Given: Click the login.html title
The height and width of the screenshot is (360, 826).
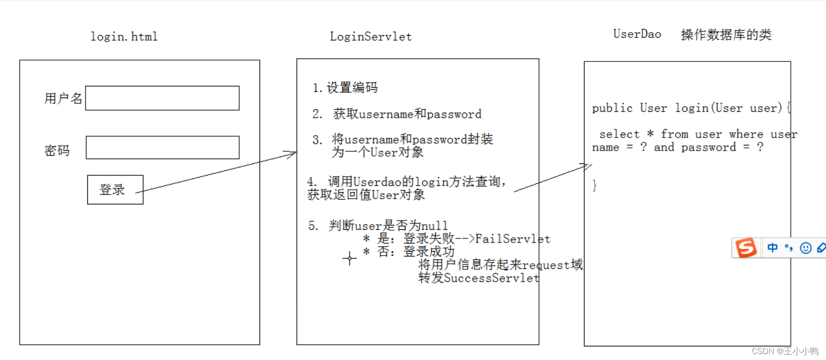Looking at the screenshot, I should click(x=124, y=37).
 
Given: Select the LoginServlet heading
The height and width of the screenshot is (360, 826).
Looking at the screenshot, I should click(x=370, y=37).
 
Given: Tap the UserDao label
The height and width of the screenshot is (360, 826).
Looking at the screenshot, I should click(x=637, y=34).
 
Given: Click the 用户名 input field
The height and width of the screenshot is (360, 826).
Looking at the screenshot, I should click(x=162, y=98).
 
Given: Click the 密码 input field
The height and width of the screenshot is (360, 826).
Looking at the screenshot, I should click(x=162, y=147).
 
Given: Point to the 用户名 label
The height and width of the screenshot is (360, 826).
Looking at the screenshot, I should click(x=63, y=99).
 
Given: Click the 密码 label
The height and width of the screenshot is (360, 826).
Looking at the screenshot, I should click(x=57, y=151).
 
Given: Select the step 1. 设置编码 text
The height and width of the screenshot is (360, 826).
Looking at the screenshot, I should click(x=345, y=88).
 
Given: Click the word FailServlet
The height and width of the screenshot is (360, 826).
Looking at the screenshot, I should click(x=512, y=239).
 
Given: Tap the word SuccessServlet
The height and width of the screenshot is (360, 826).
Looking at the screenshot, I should click(x=491, y=278).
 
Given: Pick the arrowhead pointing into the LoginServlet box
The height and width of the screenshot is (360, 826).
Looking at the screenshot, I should click(x=292, y=154).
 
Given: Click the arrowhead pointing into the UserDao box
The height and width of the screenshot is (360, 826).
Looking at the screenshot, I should click(x=587, y=166).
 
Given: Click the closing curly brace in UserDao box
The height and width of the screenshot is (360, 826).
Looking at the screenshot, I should click(x=594, y=185).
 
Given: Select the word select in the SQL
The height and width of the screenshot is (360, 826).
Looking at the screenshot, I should click(x=619, y=134).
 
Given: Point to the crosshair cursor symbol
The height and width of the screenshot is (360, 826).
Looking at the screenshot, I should click(x=349, y=258).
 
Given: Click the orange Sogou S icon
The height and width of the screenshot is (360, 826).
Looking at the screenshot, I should click(x=746, y=248).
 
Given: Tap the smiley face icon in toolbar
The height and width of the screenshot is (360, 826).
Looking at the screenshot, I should click(x=806, y=248).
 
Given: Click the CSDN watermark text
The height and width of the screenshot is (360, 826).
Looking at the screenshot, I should click(x=785, y=351).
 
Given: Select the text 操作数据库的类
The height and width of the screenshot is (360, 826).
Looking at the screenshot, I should click(x=726, y=35).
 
